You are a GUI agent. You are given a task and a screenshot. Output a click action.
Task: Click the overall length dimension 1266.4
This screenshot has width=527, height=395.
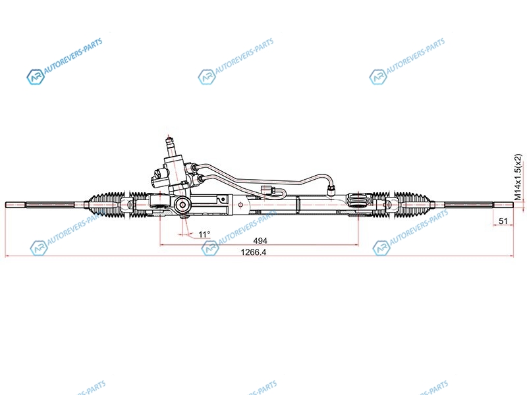(254, 252)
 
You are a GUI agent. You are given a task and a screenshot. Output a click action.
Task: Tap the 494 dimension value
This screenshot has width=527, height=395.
(260, 241)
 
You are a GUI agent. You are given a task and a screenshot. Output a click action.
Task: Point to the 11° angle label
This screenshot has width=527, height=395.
(204, 234)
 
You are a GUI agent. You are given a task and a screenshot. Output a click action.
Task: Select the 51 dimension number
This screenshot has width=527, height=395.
(503, 221)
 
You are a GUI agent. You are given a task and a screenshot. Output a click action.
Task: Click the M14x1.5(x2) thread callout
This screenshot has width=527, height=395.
(519, 177)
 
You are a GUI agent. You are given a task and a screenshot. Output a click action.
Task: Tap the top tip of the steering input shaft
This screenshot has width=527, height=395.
(169, 138)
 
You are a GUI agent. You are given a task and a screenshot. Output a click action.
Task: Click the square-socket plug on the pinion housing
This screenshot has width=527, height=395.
(182, 205)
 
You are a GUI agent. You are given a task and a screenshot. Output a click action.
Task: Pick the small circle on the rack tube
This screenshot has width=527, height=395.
(240, 205)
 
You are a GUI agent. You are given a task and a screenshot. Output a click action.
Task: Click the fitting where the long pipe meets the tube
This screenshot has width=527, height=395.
(332, 191)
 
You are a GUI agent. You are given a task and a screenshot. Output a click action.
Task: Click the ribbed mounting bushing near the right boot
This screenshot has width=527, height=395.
(358, 201)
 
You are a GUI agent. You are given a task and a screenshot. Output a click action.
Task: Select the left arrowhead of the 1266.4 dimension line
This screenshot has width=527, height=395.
(7, 256)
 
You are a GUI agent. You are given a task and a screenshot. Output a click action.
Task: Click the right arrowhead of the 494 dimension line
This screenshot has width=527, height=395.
(356, 245)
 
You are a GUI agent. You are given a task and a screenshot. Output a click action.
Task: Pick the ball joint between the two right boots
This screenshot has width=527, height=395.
(391, 204)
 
